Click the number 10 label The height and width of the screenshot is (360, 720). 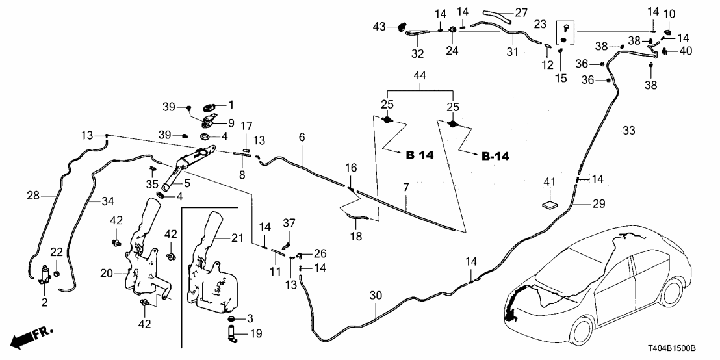point(669,14)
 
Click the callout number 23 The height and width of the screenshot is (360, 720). point(540,24)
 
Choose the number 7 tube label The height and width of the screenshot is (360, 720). point(406,188)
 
